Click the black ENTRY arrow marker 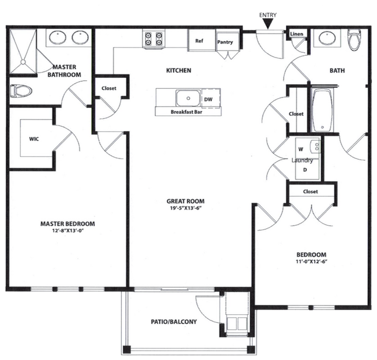coord(268,24)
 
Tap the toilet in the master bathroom coord(21,91)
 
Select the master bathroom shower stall coord(23,52)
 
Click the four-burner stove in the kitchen coord(153,39)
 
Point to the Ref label coord(199,41)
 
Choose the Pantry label coord(225,42)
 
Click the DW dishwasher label coord(208,99)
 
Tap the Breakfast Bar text coord(186,112)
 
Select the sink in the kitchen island coord(188,98)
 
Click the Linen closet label coord(296,34)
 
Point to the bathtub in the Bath coord(322,110)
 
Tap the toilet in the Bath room coord(355,39)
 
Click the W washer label coord(300,149)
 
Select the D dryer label coord(305,170)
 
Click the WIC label coord(34,139)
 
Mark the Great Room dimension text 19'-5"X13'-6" coord(186,208)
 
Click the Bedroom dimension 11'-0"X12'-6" coord(311,261)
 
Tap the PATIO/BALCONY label coord(174,322)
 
